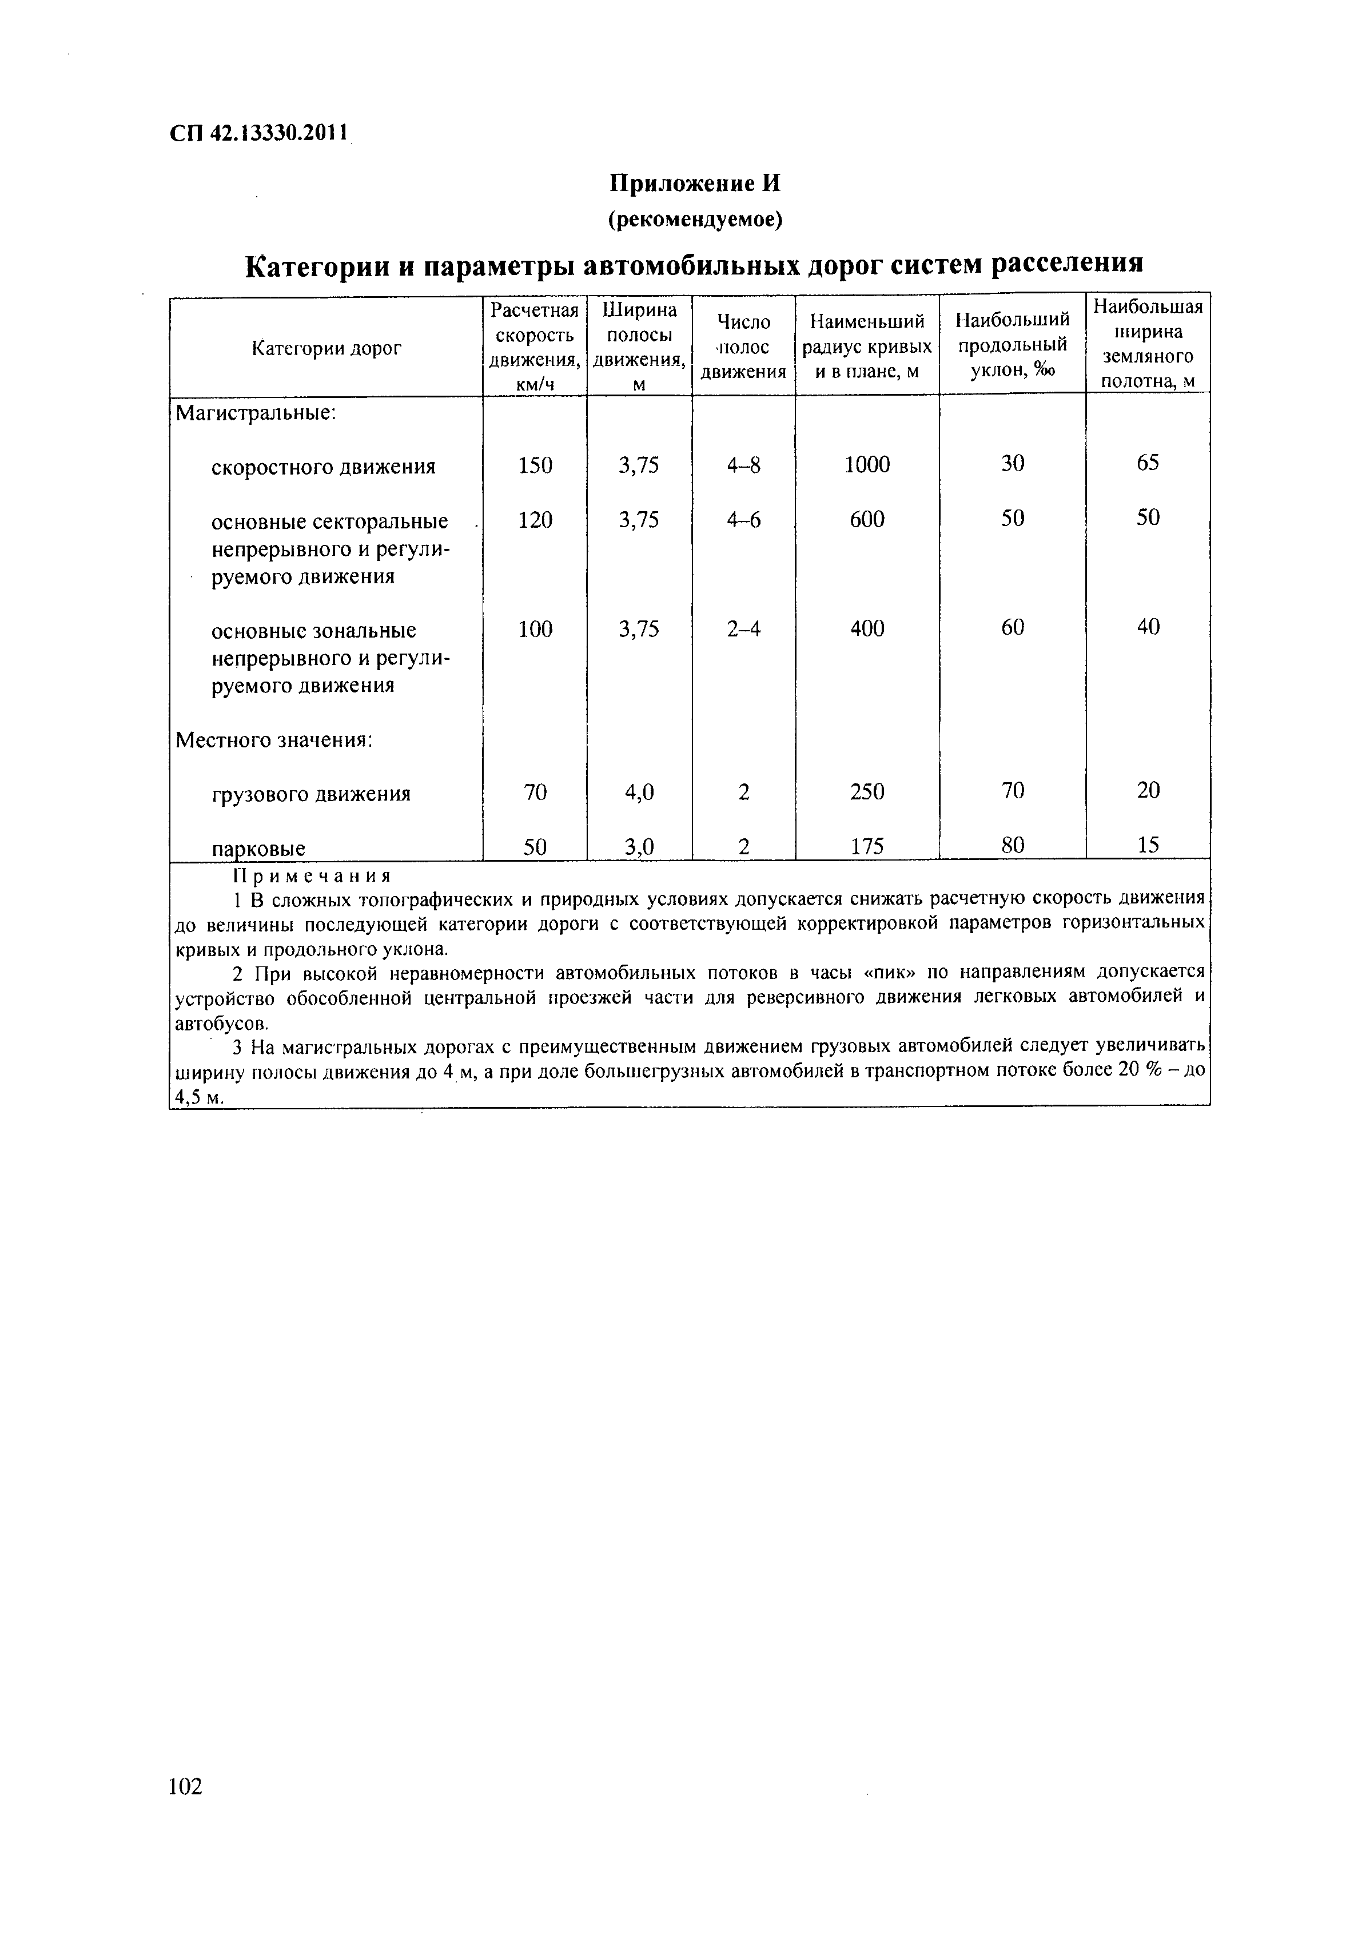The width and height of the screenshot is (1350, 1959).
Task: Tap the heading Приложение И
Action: (x=695, y=184)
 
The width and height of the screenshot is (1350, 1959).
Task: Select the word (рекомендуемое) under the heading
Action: (x=695, y=220)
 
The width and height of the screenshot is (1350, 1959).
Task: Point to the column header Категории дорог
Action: (x=326, y=348)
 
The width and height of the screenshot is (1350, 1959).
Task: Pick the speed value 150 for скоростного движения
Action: (x=535, y=465)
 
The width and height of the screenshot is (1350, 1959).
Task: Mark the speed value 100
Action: (x=535, y=630)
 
